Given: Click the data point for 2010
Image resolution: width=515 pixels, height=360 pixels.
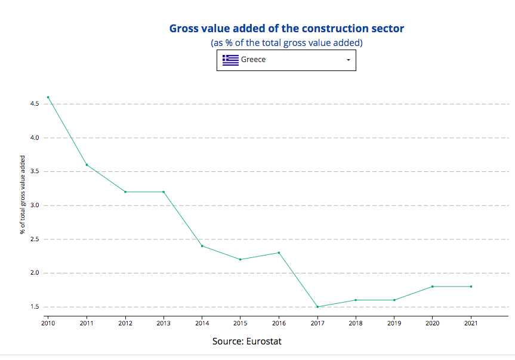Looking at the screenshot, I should click(x=48, y=97).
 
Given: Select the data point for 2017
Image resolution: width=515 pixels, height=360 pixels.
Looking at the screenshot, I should click(x=317, y=307).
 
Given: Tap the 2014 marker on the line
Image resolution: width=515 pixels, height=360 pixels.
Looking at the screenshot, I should click(x=202, y=246).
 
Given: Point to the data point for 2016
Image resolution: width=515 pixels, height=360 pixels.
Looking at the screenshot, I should click(x=279, y=253).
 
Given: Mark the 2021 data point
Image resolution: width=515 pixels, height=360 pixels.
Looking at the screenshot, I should click(x=471, y=287).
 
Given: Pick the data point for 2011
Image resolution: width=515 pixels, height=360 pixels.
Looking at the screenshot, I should click(x=87, y=165).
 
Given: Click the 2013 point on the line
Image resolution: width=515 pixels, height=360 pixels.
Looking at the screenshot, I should click(x=164, y=192).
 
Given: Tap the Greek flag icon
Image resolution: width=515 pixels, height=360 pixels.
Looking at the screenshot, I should click(x=230, y=60).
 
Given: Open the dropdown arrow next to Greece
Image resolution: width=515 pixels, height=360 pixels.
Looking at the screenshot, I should click(x=348, y=60).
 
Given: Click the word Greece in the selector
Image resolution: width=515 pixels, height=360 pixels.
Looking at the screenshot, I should click(x=254, y=60).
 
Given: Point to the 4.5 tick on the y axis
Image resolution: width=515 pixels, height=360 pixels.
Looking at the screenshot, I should click(x=34, y=104).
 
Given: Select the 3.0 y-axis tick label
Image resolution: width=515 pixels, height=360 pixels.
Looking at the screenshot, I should click(x=34, y=205).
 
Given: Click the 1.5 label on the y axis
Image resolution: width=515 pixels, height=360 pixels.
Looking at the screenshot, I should click(x=34, y=307).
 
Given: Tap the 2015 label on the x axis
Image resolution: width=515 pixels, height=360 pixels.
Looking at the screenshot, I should click(x=240, y=323).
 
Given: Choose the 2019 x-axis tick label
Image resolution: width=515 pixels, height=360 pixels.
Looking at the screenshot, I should click(x=394, y=323).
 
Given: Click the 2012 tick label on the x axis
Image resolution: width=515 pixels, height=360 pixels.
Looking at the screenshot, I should click(x=125, y=323).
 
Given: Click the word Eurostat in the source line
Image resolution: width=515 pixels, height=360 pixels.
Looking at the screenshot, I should click(x=263, y=341).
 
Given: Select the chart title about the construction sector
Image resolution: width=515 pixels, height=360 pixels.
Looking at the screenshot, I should click(x=286, y=29).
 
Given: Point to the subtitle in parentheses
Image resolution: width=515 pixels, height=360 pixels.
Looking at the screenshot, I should click(x=286, y=43).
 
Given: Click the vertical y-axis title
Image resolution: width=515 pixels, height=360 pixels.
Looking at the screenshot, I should click(x=23, y=195).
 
